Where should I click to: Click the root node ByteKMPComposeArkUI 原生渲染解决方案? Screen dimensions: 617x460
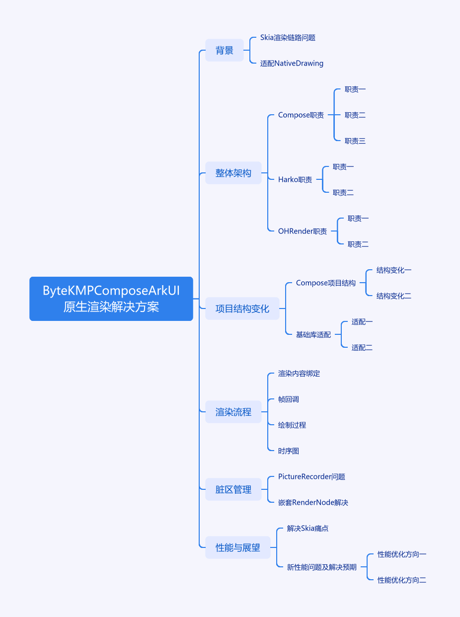111,299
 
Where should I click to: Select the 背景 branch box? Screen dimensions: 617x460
225,50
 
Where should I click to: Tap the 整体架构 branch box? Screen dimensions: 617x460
233,173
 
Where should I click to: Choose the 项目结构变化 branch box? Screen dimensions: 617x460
242,308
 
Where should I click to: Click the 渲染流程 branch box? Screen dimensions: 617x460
233,412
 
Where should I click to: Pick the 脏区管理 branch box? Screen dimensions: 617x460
233,489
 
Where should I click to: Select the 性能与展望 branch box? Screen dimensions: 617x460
237,547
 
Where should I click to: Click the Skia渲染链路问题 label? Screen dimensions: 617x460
288,38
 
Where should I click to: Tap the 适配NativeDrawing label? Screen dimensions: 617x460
292,64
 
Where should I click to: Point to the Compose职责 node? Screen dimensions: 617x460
301,115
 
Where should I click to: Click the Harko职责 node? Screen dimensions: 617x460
295,180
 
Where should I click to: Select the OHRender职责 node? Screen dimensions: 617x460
303,231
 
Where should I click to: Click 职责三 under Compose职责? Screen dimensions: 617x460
355,141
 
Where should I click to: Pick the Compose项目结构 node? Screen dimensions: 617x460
325,283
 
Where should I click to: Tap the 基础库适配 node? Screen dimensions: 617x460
313,335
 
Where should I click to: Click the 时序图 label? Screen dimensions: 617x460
289,451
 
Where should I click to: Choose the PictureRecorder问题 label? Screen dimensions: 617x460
311,477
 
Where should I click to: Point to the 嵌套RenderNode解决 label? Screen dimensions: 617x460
313,503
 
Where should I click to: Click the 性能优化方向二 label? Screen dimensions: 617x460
401,580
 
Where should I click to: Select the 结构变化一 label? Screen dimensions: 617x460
393,270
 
